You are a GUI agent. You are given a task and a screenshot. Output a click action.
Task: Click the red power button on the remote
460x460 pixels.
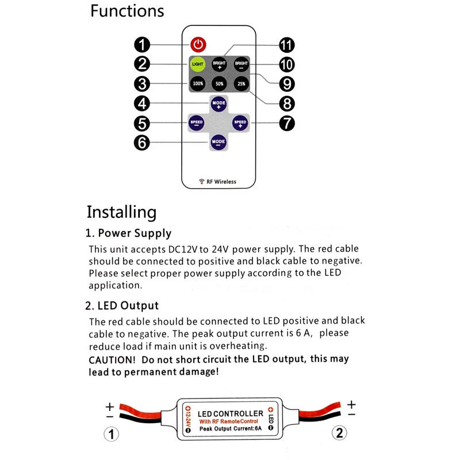coord(198,44)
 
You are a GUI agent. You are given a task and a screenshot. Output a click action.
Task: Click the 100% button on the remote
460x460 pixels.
coord(198,83)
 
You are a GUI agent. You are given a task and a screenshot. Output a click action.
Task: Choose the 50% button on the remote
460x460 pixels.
coord(219,83)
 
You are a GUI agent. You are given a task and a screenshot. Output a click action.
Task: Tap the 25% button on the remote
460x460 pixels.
coord(241,83)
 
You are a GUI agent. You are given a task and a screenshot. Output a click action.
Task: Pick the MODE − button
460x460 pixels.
coord(218,141)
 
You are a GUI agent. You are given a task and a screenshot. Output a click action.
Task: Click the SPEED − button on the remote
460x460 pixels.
coord(197,122)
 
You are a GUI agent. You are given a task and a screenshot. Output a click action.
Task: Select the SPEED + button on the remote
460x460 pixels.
coord(240,122)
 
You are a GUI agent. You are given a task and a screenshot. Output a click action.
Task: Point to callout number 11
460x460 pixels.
coord(286,45)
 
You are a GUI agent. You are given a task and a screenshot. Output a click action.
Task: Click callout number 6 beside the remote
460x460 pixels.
coord(142,142)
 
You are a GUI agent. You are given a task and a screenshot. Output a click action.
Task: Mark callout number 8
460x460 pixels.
coord(286,103)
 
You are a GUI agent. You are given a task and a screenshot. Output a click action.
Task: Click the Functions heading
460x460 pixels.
coord(127,11)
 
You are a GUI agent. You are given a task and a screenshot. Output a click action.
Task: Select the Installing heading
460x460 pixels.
coord(121,212)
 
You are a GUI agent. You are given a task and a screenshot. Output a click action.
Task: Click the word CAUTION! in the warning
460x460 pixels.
coord(112,359)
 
